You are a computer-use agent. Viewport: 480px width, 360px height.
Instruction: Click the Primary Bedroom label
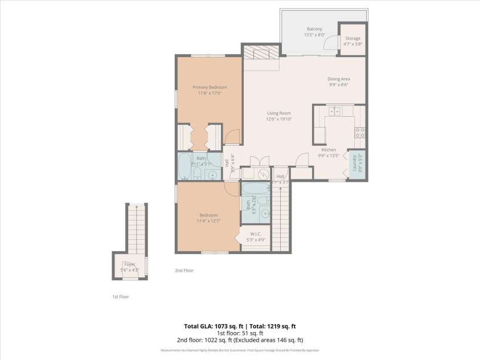(210, 87)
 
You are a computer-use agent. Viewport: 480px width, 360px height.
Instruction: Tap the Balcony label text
(314, 29)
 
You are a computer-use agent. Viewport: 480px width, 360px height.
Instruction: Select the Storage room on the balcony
(352, 39)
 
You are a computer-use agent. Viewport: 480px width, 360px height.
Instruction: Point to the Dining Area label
(338, 79)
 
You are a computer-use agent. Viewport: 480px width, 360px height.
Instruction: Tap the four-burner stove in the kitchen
(360, 133)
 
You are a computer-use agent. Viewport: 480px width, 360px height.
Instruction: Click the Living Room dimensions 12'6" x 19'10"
(278, 119)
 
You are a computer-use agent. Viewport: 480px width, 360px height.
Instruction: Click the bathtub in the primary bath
(184, 167)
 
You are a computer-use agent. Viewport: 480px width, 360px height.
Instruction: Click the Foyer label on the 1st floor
(130, 264)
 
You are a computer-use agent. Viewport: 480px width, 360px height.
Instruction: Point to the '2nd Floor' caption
(184, 271)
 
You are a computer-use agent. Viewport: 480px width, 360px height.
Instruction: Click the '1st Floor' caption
(120, 297)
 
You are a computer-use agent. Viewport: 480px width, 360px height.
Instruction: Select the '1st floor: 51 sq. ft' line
(240, 333)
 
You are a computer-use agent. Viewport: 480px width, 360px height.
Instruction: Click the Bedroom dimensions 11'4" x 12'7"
(208, 221)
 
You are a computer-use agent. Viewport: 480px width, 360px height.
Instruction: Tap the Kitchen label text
(329, 150)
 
